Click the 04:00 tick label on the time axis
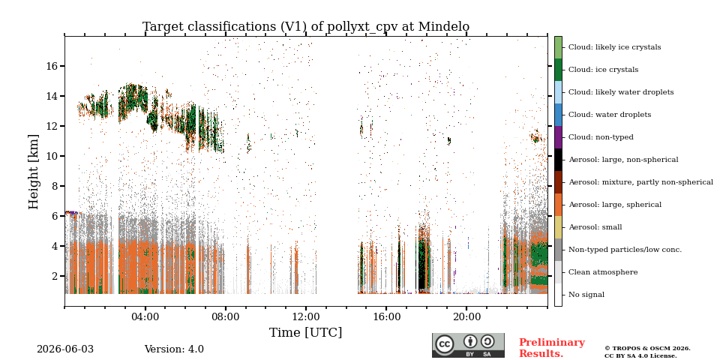145,317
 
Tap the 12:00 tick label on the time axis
306,317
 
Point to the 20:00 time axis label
466,317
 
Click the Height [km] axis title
34,172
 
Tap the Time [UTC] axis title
305,332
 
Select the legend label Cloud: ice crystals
603,70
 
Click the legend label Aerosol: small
595,227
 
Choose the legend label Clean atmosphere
603,272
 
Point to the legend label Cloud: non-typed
601,137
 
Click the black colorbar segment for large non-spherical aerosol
558,160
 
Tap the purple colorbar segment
558,137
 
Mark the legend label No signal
586,295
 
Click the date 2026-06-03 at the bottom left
64,349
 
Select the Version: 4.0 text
174,349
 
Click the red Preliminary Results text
551,347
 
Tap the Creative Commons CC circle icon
444,344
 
